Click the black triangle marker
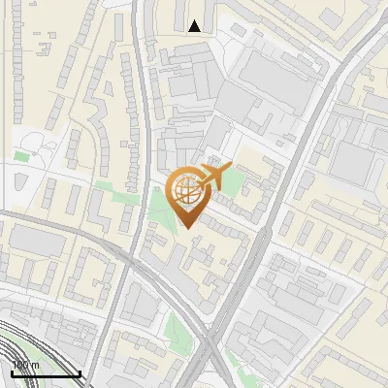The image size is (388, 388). [196, 26]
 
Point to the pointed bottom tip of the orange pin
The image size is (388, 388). [186, 227]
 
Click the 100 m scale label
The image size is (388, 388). [26, 365]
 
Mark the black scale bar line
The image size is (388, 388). [46, 373]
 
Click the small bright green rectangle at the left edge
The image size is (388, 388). [21, 155]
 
